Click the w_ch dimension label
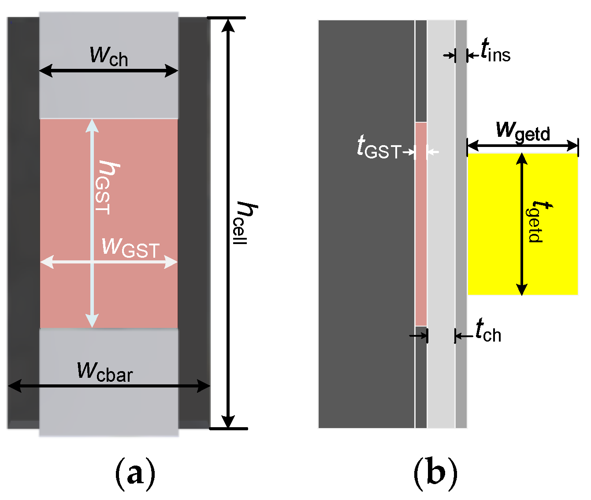(108, 56)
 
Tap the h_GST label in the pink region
(107, 188)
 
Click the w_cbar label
(105, 372)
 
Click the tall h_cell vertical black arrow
(228, 309)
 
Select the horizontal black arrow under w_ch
(108, 71)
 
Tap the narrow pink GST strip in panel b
(421, 243)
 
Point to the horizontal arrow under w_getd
(523, 145)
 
